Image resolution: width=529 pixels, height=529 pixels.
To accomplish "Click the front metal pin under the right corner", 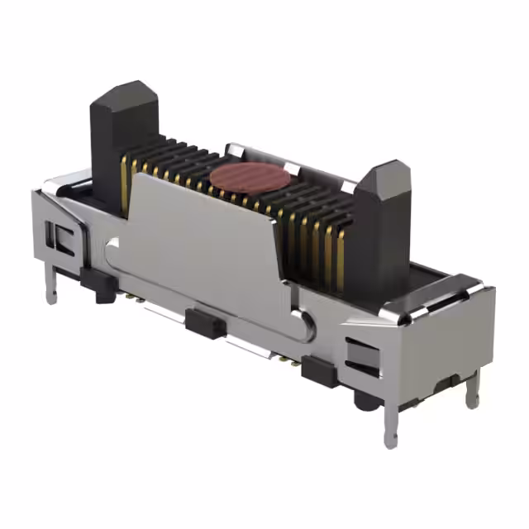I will (390, 425).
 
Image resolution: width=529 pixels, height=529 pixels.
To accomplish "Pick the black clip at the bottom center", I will (204, 322).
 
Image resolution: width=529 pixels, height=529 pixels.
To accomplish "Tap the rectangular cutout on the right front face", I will (362, 355).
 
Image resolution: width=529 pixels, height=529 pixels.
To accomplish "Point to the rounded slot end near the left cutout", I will (112, 244).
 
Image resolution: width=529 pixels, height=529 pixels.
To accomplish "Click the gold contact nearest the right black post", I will (339, 256).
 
